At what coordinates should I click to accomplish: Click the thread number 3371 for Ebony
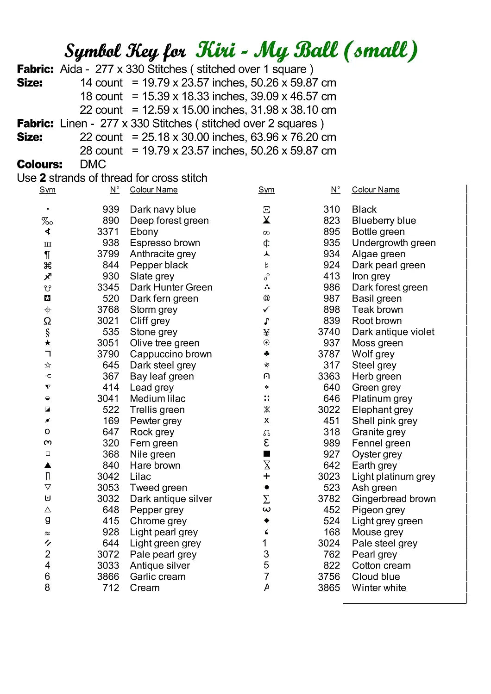coord(108,232)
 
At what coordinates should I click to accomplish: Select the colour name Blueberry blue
coord(384,221)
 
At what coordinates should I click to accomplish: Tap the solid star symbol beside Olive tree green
coord(48,343)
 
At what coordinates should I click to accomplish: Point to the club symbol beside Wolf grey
coord(266,354)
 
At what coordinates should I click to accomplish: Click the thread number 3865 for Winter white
coord(329,588)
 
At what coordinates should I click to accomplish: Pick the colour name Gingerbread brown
coord(394,499)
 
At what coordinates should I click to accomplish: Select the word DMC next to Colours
coord(93,164)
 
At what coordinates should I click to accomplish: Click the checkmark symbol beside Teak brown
coord(266,309)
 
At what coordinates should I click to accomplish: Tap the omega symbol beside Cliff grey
coord(47,321)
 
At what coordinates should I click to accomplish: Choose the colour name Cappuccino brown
coord(170,354)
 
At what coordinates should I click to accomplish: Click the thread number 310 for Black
coord(332,210)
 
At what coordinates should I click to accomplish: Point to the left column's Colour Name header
coord(153,190)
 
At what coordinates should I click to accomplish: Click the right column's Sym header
coord(266,190)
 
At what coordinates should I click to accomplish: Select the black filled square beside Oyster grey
coord(266,454)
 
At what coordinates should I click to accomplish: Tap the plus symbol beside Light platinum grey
coord(266,476)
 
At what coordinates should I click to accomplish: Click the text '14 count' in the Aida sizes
coord(101,83)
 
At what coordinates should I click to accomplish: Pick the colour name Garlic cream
coord(157,576)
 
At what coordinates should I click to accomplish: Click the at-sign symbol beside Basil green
coord(266,298)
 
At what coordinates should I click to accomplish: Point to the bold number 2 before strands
coord(43,178)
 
